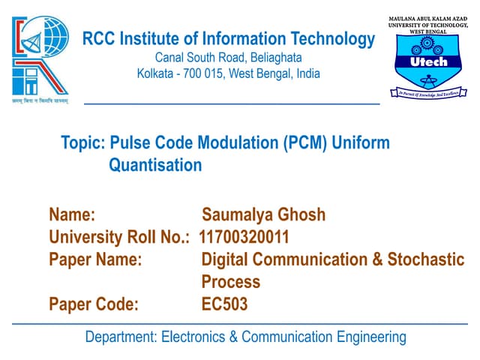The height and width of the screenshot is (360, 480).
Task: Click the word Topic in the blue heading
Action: [82, 142]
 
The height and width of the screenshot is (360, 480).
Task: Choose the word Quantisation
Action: [155, 165]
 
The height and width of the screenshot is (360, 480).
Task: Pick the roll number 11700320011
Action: [244, 238]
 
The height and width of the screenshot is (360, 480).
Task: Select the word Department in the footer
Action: [121, 337]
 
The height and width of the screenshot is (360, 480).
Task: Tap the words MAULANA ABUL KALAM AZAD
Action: [427, 17]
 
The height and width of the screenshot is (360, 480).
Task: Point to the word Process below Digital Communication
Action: [230, 282]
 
